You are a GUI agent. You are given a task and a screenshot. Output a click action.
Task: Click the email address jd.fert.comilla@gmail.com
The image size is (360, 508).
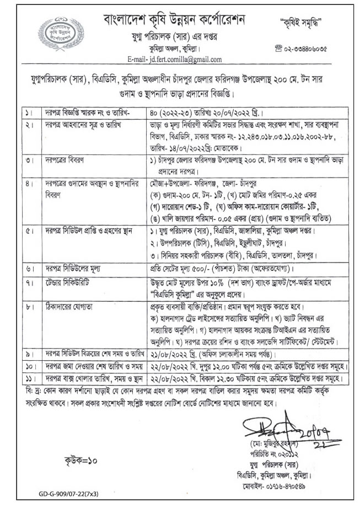(174, 59)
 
